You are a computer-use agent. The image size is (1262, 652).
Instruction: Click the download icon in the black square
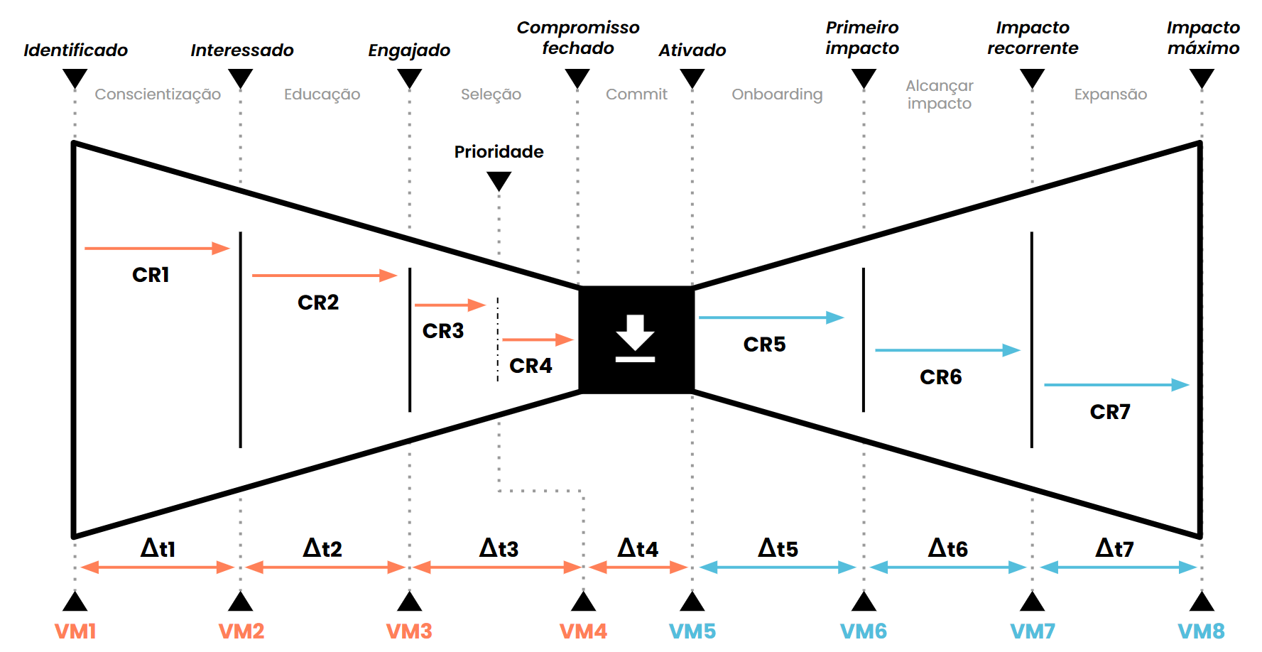[x=635, y=338]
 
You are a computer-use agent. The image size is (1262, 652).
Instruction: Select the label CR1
[x=151, y=275]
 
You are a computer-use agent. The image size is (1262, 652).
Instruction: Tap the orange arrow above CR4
[x=538, y=339]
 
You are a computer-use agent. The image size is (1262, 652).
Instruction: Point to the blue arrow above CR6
[x=947, y=350]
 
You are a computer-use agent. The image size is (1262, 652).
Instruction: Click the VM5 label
[x=692, y=631]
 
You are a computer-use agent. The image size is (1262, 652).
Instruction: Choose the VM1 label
[x=75, y=631]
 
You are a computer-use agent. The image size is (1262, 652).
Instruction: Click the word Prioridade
[x=499, y=152]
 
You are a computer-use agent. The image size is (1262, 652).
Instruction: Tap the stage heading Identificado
[x=75, y=50]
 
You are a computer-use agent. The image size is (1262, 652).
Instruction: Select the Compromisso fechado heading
[x=578, y=38]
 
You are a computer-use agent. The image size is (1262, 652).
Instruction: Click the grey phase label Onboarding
[x=777, y=94]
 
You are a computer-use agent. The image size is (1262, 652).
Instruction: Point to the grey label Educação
[x=322, y=94]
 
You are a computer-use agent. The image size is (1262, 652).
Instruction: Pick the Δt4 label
[x=638, y=548]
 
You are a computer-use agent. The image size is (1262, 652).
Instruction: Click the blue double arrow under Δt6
[x=947, y=567]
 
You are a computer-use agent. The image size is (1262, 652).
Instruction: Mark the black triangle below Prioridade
[x=499, y=182]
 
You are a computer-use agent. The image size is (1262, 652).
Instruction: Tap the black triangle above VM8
[x=1202, y=601]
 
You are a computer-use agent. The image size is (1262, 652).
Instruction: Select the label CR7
[x=1110, y=412]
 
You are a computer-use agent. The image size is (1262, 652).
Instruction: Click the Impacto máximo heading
[x=1203, y=38]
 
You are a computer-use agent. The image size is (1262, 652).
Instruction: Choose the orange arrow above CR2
[x=325, y=275]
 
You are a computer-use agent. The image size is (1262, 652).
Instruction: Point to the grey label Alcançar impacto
[x=940, y=94]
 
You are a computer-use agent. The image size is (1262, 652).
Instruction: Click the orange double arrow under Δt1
[x=157, y=567]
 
